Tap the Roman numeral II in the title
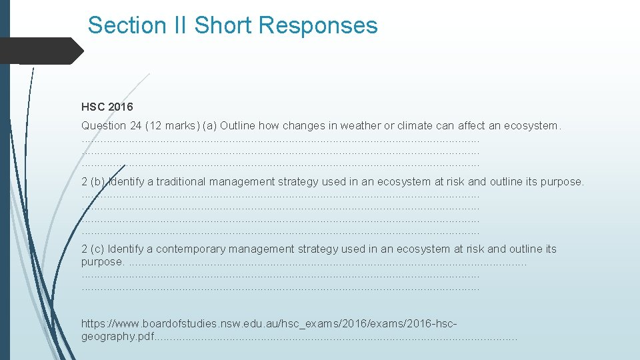pyautogui.click(x=180, y=25)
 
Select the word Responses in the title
pyautogui.click(x=319, y=25)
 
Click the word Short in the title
pyautogui.click(x=223, y=25)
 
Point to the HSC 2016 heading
pyautogui.click(x=107, y=107)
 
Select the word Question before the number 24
pyautogui.click(x=103, y=125)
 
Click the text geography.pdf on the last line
pyautogui.click(x=117, y=337)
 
